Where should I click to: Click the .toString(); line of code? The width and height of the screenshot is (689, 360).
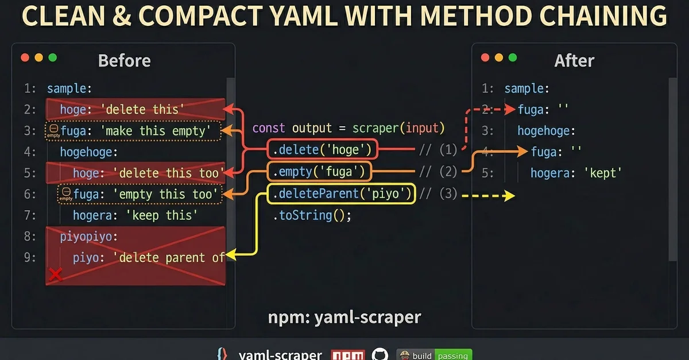(311, 215)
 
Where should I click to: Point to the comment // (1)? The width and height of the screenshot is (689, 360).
(438, 150)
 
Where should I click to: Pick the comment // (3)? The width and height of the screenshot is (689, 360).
(438, 194)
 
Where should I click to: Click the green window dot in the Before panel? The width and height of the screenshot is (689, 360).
(53, 57)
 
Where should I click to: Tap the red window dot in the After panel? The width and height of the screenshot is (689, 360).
(485, 57)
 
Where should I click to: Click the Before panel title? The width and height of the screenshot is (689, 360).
(124, 60)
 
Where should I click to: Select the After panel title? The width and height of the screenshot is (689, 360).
(574, 60)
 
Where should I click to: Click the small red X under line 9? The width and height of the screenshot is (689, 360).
(55, 275)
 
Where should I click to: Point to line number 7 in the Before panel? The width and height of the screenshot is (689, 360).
(30, 215)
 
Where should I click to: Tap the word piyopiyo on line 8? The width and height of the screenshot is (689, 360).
(89, 237)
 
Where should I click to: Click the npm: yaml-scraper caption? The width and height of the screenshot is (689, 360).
(344, 318)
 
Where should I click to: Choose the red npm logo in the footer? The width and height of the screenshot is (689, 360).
(349, 355)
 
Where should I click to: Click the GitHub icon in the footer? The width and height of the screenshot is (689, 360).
(380, 355)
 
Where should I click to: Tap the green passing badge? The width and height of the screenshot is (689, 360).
(453, 355)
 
